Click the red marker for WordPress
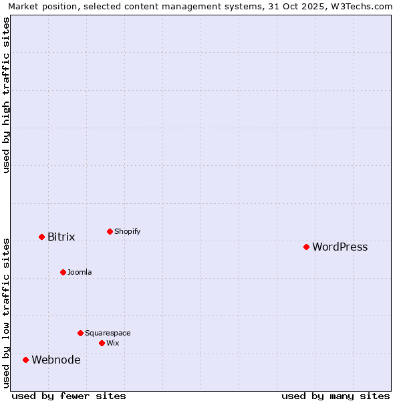pyautogui.click(x=306, y=247)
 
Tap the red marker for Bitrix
pyautogui.click(x=41, y=237)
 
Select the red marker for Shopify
pyautogui.click(x=110, y=231)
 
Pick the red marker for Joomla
pyautogui.click(x=63, y=272)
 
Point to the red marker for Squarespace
pyautogui.click(x=80, y=333)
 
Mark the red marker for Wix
pyautogui.click(x=102, y=343)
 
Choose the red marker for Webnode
pyautogui.click(x=26, y=360)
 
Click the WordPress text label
pyautogui.click(x=340, y=247)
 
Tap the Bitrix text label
pyautogui.click(x=61, y=237)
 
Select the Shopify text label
pyautogui.click(x=127, y=232)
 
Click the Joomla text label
pyautogui.click(x=80, y=273)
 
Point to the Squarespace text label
pyautogui.click(x=108, y=333)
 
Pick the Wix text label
pyautogui.click(x=112, y=344)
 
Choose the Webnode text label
pyautogui.click(x=56, y=360)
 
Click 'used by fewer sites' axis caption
pyautogui.click(x=69, y=396)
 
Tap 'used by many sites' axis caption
pyautogui.click(x=336, y=396)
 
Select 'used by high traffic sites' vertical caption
pyautogui.click(x=7, y=95)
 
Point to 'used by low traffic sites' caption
pyautogui.click(x=7, y=312)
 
